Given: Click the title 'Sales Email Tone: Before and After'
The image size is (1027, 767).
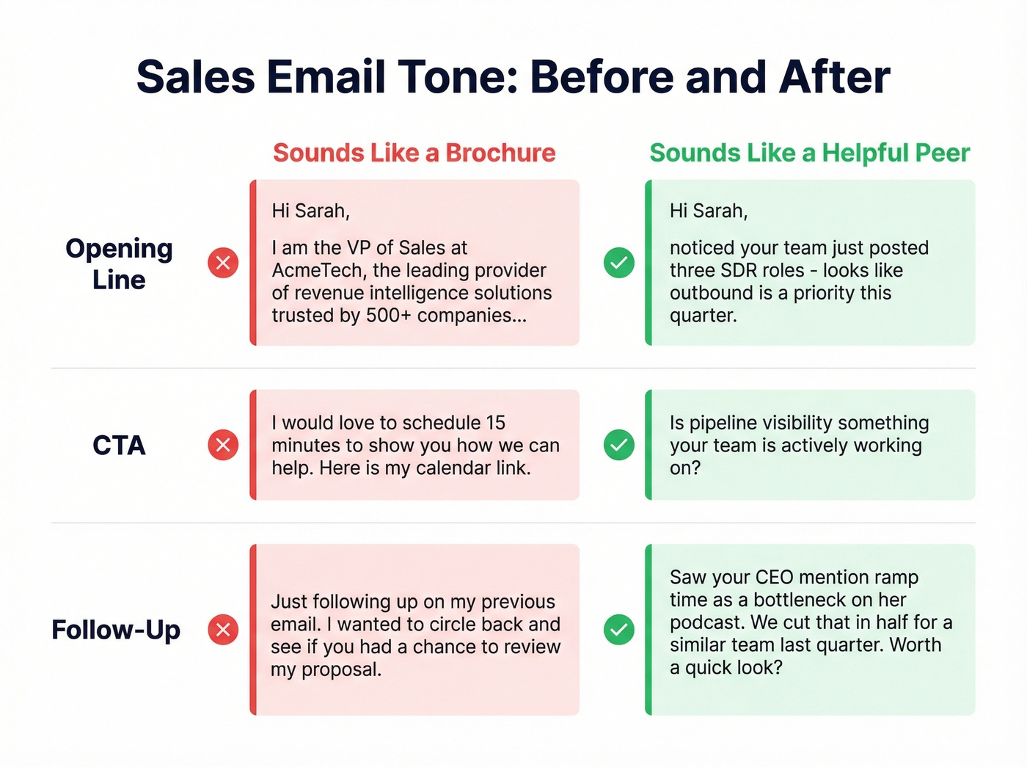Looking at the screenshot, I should [513, 77].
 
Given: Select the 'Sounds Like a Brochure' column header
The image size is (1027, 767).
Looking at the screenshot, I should [414, 153].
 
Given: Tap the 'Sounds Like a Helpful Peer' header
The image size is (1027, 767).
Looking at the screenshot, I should [809, 153].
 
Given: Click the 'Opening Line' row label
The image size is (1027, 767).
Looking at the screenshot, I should [119, 263].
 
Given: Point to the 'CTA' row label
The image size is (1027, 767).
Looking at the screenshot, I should [119, 446].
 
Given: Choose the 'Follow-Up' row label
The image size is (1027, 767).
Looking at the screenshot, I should [116, 630].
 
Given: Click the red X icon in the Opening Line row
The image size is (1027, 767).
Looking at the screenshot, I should [223, 263].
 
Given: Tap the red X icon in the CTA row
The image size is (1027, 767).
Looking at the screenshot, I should [223, 445].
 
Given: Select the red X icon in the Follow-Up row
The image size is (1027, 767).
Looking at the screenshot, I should [223, 630].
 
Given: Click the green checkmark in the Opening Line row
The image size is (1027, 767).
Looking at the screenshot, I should [619, 263].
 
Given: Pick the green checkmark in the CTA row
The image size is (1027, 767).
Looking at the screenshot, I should [619, 445].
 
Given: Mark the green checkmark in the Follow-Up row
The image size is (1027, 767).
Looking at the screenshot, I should [619, 630].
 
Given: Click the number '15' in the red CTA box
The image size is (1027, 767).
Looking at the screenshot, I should [495, 423].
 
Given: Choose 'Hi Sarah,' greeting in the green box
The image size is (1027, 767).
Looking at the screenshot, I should [709, 211].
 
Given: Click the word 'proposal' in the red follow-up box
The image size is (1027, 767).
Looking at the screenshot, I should [340, 670].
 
